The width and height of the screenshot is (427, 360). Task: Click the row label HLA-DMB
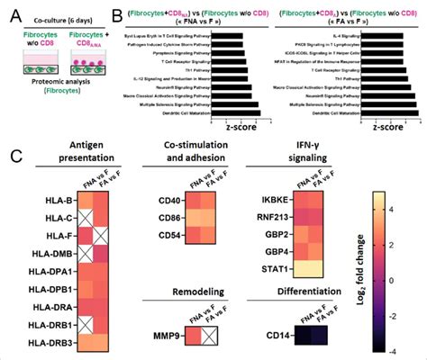[x=41, y=255]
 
